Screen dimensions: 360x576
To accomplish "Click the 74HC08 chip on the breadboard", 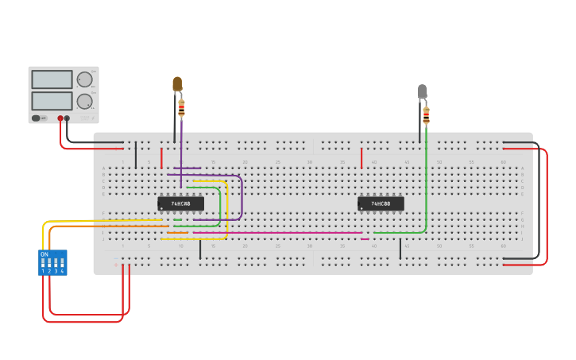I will click(180, 203).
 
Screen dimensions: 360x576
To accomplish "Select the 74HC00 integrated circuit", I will click(381, 203).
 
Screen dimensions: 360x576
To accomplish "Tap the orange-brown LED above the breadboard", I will click(177, 83).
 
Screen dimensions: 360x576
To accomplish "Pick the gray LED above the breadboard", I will click(422, 92).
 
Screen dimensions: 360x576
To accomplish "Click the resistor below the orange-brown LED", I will click(181, 107).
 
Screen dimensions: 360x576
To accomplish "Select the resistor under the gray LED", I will click(426, 115).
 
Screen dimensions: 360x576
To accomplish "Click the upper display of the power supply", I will click(52, 79).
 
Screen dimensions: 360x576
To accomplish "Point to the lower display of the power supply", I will click(52, 101).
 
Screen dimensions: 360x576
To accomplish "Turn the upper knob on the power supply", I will click(84, 79).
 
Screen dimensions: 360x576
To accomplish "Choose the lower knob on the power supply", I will click(84, 101).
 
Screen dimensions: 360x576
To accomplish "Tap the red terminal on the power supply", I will click(60, 118).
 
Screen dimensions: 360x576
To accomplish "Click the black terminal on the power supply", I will click(67, 118).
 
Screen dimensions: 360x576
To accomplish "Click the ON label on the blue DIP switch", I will click(44, 254).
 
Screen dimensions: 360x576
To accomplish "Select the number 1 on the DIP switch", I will click(44, 272).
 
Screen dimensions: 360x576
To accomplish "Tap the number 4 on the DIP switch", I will click(62, 272).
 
